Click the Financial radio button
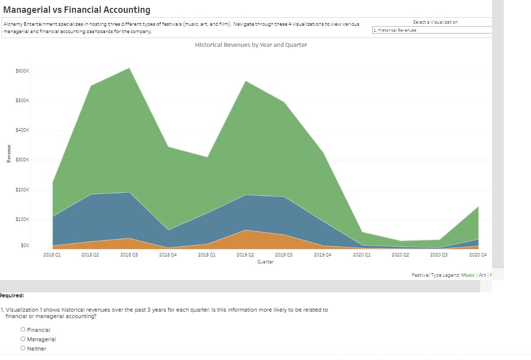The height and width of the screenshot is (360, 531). point(23,330)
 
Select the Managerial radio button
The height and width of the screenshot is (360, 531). point(23,339)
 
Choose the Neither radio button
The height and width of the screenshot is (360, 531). point(23,349)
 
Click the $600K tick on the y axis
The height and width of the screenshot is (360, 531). point(23,71)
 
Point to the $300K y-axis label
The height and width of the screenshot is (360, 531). point(23,160)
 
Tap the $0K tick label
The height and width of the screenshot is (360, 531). point(25,245)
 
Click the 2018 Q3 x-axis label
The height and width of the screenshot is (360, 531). point(129,254)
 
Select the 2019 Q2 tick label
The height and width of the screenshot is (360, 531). point(245,254)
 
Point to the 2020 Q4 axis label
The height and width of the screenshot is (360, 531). point(478,254)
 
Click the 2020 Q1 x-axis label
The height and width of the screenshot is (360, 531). point(361,254)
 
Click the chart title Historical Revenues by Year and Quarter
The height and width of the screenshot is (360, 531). point(251,45)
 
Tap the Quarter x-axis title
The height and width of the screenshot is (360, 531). point(265,262)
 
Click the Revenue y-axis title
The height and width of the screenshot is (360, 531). point(9,153)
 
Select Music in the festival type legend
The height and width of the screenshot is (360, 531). point(468,275)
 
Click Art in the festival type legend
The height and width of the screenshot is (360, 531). point(482,275)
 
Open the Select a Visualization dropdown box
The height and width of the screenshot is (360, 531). point(432,30)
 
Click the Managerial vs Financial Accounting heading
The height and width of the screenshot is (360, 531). point(76,10)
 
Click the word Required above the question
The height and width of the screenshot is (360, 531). point(12,296)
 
